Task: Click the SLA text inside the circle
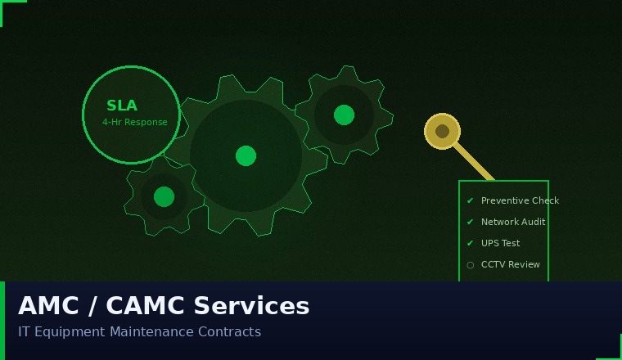click(x=122, y=106)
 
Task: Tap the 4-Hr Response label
click(x=134, y=123)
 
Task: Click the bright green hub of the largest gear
click(x=246, y=155)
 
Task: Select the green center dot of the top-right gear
click(x=344, y=115)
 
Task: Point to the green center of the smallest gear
click(x=164, y=196)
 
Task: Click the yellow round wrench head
click(x=442, y=131)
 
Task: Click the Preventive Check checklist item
click(x=520, y=200)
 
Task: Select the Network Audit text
click(x=513, y=222)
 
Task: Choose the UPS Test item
click(x=500, y=243)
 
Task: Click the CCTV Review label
click(x=511, y=264)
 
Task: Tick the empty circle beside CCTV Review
click(x=470, y=265)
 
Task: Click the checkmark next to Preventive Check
click(x=470, y=200)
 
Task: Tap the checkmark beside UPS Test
click(x=470, y=243)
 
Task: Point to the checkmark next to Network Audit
click(x=470, y=222)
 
